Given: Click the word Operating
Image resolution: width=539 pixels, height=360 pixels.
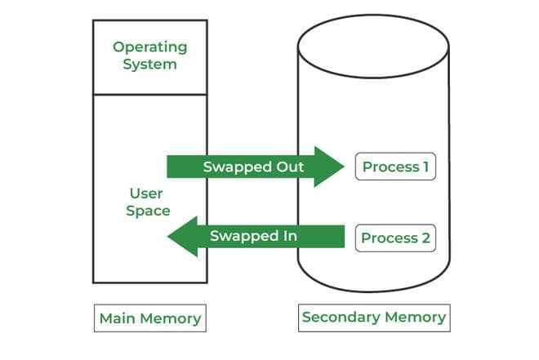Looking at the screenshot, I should [x=149, y=47].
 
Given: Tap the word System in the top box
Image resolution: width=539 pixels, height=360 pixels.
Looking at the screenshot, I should [x=149, y=64].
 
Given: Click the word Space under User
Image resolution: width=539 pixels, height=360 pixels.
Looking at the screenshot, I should [x=149, y=211].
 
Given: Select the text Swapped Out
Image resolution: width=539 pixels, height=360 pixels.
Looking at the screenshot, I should [x=253, y=167].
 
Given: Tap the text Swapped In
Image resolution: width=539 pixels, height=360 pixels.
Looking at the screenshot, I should [x=253, y=236].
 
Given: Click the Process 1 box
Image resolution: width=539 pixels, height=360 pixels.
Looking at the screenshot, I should [x=395, y=167].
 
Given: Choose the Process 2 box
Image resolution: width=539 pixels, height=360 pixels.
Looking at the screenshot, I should [x=395, y=238].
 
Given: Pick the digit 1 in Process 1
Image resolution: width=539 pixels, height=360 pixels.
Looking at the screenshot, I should [x=425, y=167].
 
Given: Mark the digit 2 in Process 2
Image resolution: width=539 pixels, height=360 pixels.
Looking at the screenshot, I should [x=425, y=238].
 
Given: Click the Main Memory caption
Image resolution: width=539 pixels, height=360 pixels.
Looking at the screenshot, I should [x=149, y=318].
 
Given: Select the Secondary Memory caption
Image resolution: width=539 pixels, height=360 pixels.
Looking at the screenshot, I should [x=374, y=317].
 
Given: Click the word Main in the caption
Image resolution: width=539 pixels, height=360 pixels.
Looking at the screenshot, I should [x=116, y=318].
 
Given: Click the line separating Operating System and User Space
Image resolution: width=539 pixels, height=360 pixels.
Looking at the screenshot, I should [x=149, y=94].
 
